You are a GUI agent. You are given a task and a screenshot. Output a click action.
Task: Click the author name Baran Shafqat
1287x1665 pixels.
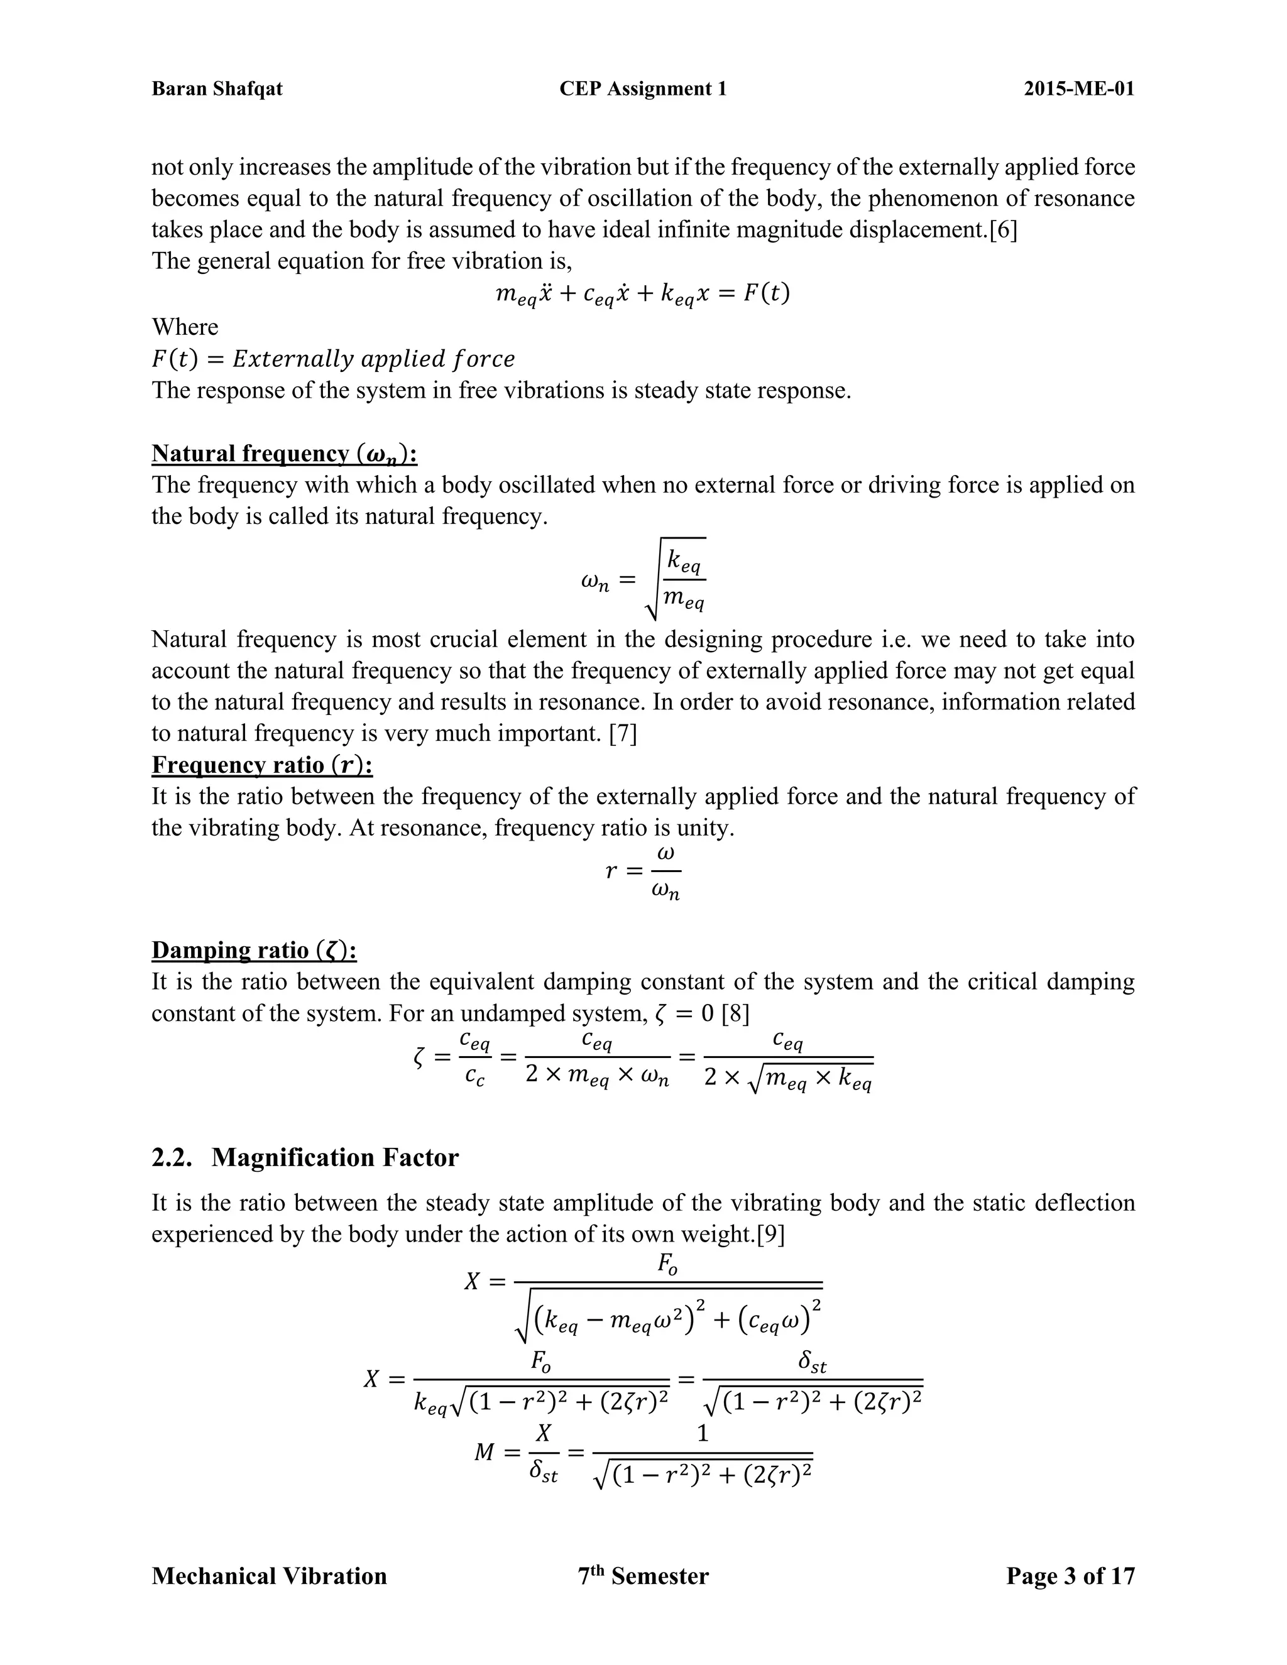click(217, 89)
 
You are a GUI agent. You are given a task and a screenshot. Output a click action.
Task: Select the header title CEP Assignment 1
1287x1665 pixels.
click(643, 89)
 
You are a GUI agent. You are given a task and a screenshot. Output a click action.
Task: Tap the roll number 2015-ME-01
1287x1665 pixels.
click(1078, 89)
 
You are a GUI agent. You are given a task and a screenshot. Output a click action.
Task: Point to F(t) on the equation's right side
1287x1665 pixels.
click(767, 293)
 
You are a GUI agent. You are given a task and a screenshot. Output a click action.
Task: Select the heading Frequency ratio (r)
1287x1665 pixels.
click(261, 765)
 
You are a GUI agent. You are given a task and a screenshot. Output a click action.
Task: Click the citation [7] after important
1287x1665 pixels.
click(623, 733)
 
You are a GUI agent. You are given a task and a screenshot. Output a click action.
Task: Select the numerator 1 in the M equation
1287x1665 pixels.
click(702, 1433)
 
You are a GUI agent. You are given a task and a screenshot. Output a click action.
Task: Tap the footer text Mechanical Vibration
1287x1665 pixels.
click(269, 1576)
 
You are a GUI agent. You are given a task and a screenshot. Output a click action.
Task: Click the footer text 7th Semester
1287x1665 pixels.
click(643, 1576)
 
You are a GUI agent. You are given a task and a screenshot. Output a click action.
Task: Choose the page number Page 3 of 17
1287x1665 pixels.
click(1070, 1576)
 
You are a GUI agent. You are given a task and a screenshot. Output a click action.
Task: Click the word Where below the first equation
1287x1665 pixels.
click(185, 327)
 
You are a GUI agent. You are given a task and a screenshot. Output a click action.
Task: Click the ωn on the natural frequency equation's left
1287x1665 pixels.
click(594, 582)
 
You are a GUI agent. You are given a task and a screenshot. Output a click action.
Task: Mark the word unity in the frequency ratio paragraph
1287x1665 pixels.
click(701, 828)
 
